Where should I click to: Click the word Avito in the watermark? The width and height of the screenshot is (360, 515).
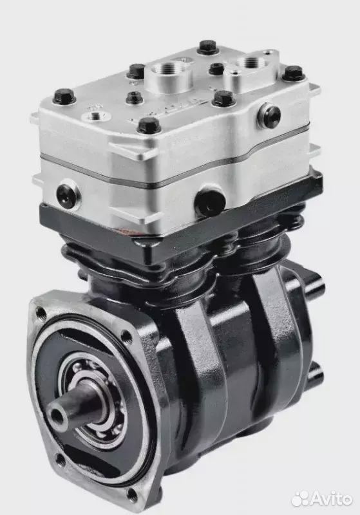331,499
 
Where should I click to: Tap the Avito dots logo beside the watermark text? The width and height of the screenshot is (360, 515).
300,499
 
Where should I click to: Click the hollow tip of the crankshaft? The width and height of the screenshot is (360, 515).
57,415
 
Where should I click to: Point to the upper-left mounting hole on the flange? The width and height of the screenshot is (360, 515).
41,312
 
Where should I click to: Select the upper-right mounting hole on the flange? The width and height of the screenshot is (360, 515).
125,336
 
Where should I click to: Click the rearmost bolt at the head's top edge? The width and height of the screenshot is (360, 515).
208,46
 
